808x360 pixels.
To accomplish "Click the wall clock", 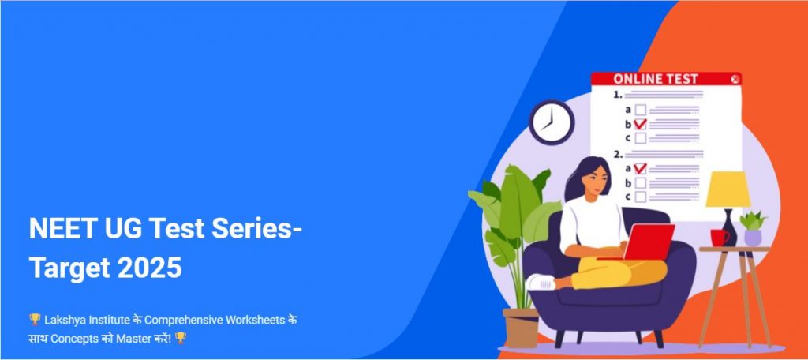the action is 552,122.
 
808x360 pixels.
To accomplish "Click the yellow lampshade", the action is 728,189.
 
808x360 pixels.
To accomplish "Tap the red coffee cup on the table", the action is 720,238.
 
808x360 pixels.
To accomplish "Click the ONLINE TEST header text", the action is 656,79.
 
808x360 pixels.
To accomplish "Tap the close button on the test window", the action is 735,79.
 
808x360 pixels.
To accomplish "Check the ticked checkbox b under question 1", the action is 641,124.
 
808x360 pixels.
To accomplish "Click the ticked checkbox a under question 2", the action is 641,169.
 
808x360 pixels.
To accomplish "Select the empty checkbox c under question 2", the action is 641,197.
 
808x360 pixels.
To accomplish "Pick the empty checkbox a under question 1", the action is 641,110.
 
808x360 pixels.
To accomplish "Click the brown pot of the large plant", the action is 521,328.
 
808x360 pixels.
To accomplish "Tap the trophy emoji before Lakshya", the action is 35,320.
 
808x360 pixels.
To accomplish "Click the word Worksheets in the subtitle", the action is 254,320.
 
